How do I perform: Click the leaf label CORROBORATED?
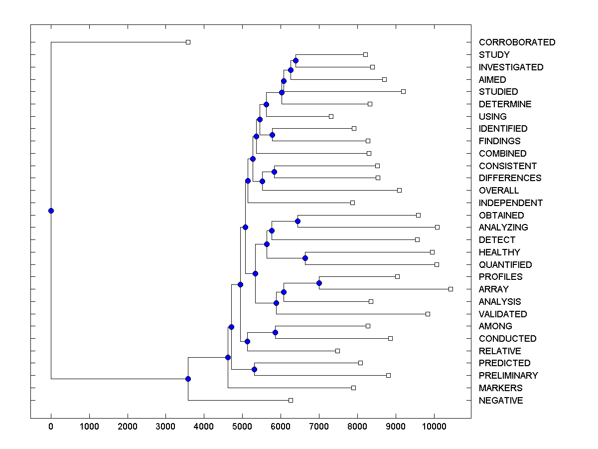(x=517, y=42)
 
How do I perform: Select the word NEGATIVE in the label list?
(x=501, y=401)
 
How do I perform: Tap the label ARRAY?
(x=493, y=289)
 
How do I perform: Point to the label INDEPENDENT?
(x=510, y=203)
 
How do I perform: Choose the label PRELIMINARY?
(x=508, y=376)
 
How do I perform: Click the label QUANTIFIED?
(x=505, y=265)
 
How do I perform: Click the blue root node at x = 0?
(x=51, y=211)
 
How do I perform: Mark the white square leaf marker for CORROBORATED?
(x=188, y=42)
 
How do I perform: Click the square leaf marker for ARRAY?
(x=450, y=289)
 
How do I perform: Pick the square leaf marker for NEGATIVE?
(x=291, y=400)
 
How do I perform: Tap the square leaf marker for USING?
(x=331, y=116)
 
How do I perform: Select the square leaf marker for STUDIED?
(x=403, y=91)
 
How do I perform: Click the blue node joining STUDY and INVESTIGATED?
(x=296, y=60)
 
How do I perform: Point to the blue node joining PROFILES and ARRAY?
(x=319, y=283)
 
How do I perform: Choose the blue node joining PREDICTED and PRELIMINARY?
(x=254, y=369)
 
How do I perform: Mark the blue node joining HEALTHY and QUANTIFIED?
(x=305, y=258)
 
